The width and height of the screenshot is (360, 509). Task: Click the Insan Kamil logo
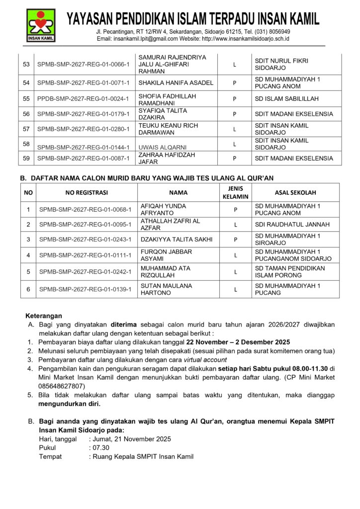[x=41, y=25]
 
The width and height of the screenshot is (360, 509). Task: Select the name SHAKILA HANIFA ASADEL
[x=176, y=83]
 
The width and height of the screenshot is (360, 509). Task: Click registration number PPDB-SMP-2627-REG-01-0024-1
[x=83, y=98]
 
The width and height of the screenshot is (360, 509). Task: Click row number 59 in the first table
[x=26, y=158]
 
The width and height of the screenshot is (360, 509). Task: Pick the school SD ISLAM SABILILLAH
[x=287, y=98]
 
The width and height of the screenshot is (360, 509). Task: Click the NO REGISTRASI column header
[x=87, y=192]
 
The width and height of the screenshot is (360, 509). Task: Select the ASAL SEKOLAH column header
[x=295, y=192]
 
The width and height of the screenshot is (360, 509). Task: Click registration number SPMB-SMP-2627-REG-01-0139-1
[x=85, y=289]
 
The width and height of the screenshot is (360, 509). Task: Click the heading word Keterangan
[x=44, y=316]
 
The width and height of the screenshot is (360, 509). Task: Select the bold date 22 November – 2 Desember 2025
[x=238, y=342]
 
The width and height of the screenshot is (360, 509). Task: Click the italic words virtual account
[x=205, y=360]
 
